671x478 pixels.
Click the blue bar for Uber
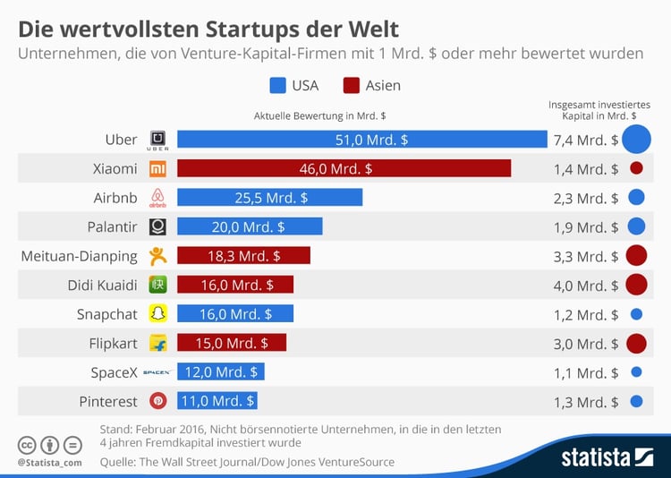click(x=361, y=140)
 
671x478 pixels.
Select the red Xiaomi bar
click(x=344, y=168)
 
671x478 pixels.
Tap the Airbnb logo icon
click(x=158, y=198)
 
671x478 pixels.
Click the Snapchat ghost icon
click(x=158, y=314)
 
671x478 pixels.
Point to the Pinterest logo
click(x=158, y=401)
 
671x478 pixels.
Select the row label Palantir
click(x=107, y=227)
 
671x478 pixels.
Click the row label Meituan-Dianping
click(x=80, y=256)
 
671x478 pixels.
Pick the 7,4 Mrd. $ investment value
click(x=586, y=141)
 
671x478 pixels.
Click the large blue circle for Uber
click(x=636, y=140)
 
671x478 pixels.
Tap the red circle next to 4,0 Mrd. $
click(x=636, y=285)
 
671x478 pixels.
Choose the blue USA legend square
click(x=277, y=86)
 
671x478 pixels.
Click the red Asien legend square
click(x=351, y=86)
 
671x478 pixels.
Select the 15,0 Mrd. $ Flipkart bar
click(x=232, y=343)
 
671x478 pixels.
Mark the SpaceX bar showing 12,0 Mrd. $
click(x=221, y=372)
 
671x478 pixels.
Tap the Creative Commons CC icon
click(x=28, y=445)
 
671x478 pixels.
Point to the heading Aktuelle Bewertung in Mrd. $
click(x=319, y=115)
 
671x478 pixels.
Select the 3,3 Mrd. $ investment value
click(x=586, y=256)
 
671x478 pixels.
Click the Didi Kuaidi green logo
click(x=158, y=285)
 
